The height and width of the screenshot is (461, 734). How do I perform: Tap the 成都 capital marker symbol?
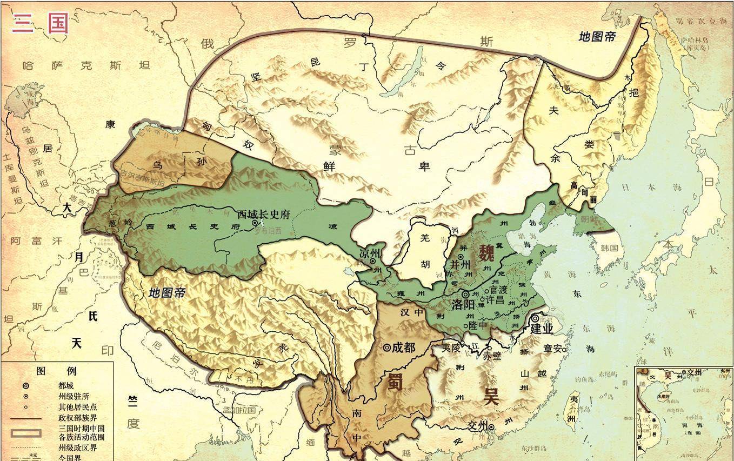387,348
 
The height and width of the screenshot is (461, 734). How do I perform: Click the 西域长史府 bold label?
264,214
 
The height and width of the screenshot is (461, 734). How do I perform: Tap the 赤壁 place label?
492,356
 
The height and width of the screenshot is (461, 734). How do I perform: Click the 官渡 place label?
499,290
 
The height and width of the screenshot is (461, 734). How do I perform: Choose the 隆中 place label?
478,325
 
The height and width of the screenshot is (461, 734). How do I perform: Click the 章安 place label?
551,349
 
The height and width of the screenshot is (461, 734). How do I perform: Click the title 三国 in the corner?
41,23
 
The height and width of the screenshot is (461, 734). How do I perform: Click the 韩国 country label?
609,248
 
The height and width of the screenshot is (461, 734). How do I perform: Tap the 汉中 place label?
411,312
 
